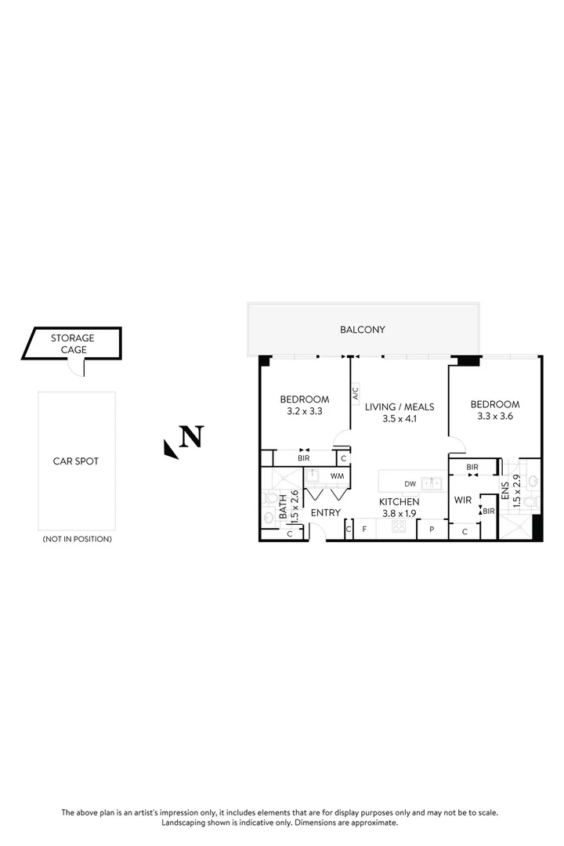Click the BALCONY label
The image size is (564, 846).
pyautogui.click(x=363, y=330)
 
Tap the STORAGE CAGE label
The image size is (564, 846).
pyautogui.click(x=73, y=344)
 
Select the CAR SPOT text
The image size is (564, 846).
pyautogui.click(x=76, y=461)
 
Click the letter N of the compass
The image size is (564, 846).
pyautogui.click(x=192, y=436)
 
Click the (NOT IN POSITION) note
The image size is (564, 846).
pyautogui.click(x=76, y=539)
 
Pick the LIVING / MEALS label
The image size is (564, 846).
pyautogui.click(x=399, y=407)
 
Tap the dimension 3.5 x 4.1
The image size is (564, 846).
pyautogui.click(x=399, y=419)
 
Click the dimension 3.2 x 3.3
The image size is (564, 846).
pyautogui.click(x=305, y=410)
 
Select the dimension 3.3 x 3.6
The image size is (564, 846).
pyautogui.click(x=495, y=417)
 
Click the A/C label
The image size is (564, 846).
pyautogui.click(x=355, y=392)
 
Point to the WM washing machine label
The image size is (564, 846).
pyautogui.click(x=337, y=475)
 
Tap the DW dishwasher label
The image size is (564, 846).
pyautogui.click(x=410, y=483)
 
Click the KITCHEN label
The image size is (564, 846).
pyautogui.click(x=399, y=501)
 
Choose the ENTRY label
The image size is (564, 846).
pyautogui.click(x=325, y=512)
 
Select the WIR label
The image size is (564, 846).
pyautogui.click(x=462, y=499)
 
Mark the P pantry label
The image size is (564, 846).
pyautogui.click(x=431, y=530)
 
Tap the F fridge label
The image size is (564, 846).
pyautogui.click(x=364, y=530)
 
